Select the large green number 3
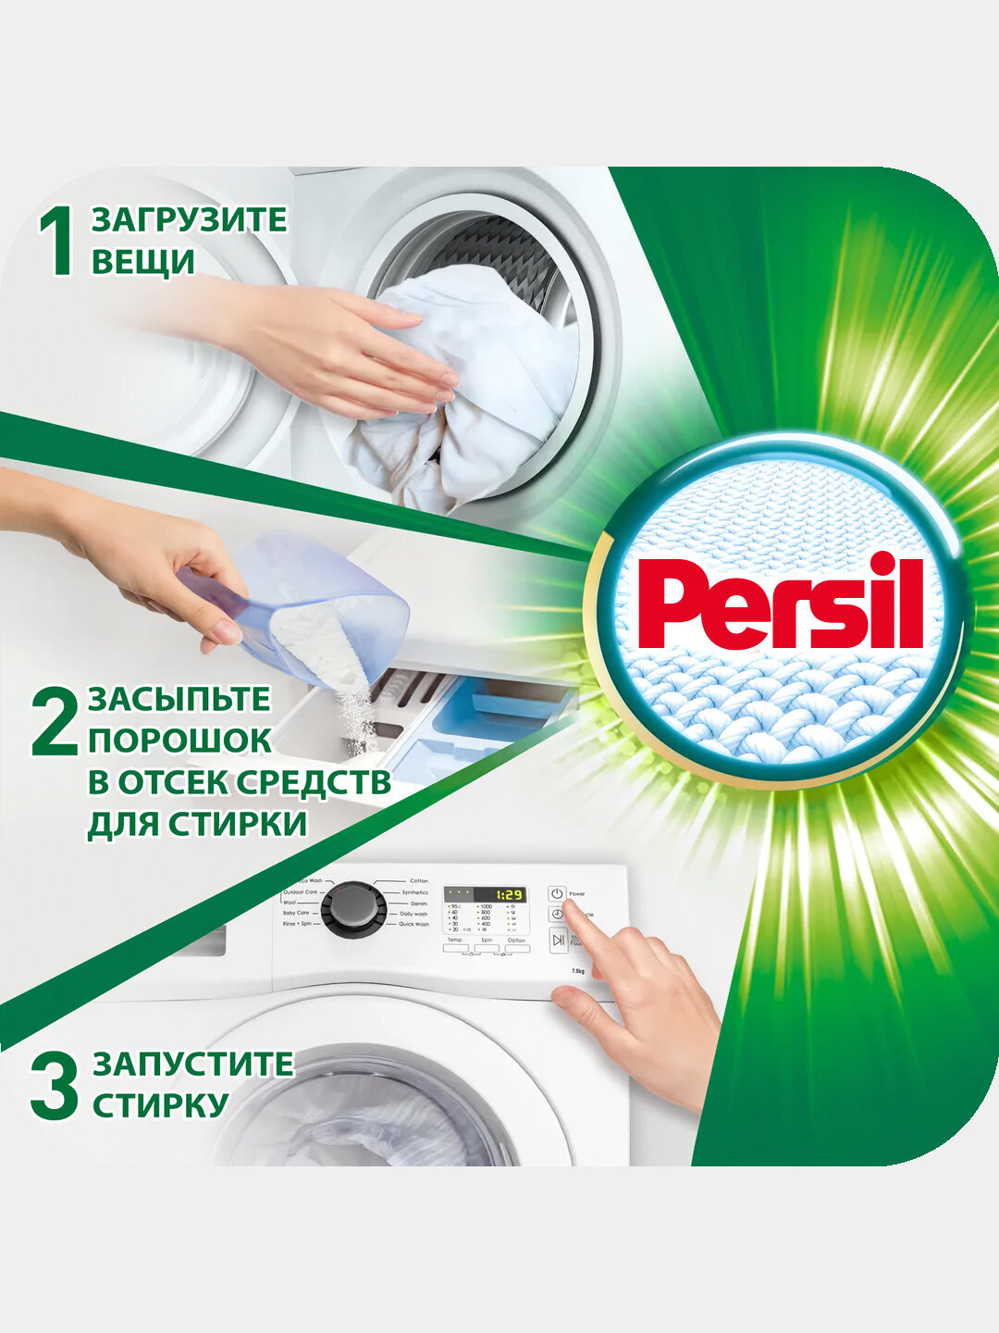point(54,1085)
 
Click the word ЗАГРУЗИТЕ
point(189,220)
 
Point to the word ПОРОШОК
point(180,741)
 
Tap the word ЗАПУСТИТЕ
point(192,1065)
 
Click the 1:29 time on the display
point(508,895)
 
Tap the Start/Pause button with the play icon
point(558,941)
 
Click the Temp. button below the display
point(455,949)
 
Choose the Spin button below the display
point(486,949)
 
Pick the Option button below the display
point(516,949)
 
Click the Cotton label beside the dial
point(419,881)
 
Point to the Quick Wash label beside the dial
point(413,925)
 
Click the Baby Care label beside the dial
point(296,913)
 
